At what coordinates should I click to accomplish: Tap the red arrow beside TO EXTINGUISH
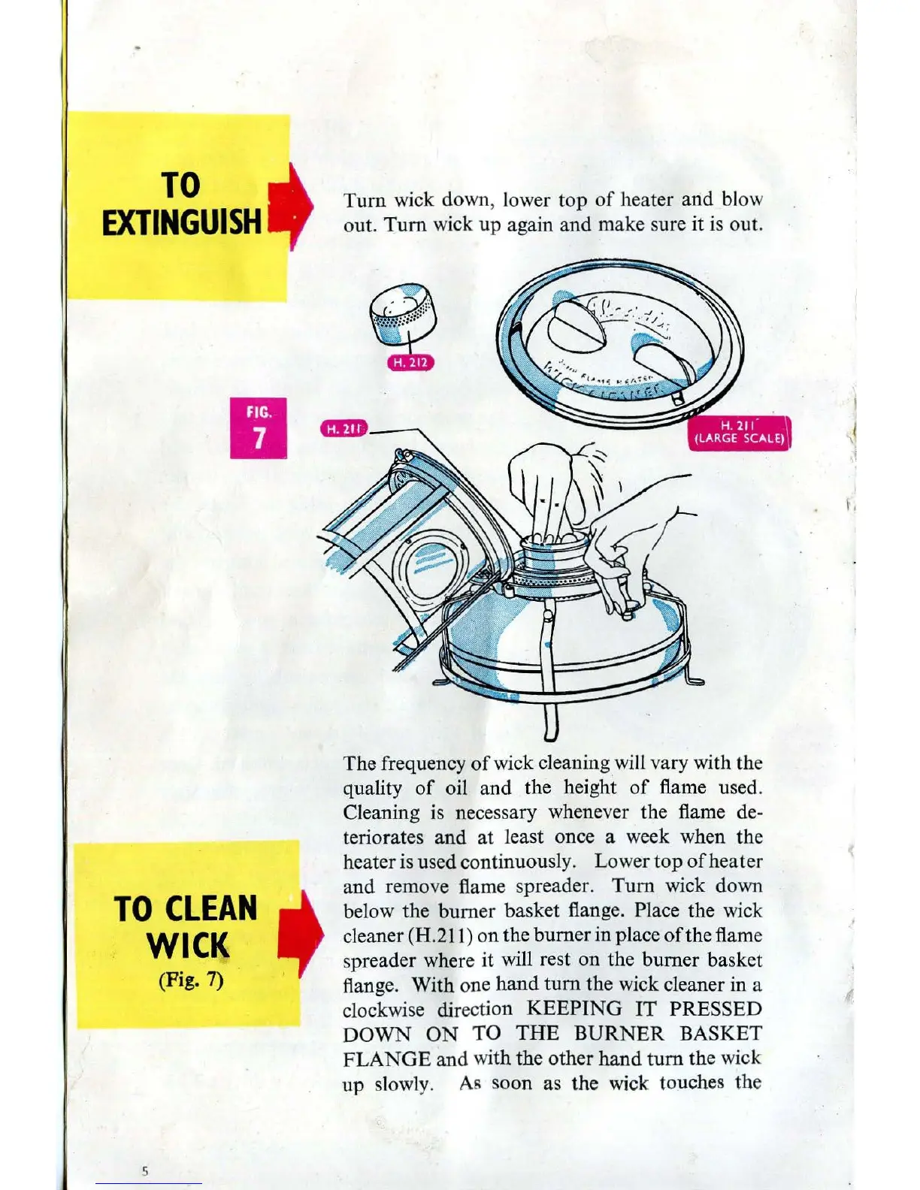coord(294,201)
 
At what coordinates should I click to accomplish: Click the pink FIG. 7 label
coord(259,427)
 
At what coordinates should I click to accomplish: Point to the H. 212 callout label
coord(410,363)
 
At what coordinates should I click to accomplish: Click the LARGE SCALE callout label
coord(740,433)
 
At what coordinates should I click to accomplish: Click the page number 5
coord(145,1170)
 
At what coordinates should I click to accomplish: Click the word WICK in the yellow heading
coord(188,946)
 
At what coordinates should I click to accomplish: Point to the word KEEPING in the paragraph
coord(575,1008)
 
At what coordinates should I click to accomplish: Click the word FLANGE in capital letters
coord(386,1059)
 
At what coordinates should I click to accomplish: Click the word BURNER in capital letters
coord(619,1034)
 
